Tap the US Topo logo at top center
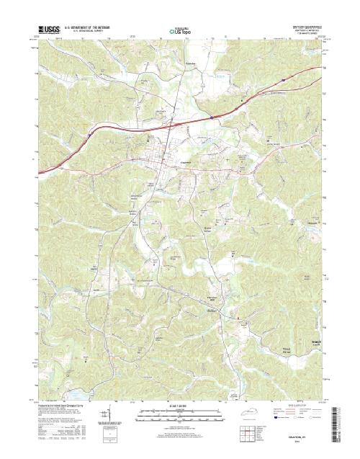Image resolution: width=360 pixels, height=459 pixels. (x=179, y=31)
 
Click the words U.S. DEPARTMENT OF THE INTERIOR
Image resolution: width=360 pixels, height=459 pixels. (x=89, y=28)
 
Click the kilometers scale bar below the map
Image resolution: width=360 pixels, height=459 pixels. (x=180, y=411)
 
